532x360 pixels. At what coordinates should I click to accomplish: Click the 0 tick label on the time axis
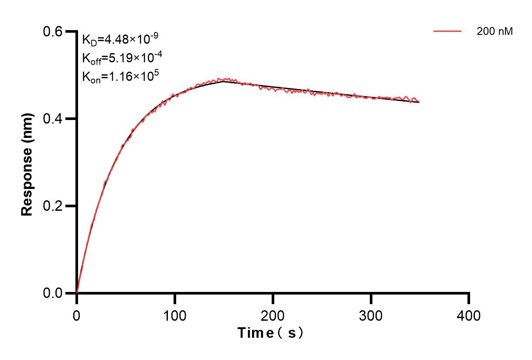pyautogui.click(x=77, y=315)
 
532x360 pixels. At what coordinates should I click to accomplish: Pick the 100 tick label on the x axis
pyautogui.click(x=174, y=315)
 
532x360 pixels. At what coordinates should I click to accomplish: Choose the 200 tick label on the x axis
pyautogui.click(x=273, y=315)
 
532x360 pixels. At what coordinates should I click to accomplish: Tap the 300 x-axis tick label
pyautogui.click(x=371, y=315)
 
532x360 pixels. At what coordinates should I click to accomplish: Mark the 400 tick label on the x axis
pyautogui.click(x=469, y=315)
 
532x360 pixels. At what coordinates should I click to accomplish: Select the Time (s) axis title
pyautogui.click(x=270, y=333)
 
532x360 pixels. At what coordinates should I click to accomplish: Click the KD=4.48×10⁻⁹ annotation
pyautogui.click(x=120, y=40)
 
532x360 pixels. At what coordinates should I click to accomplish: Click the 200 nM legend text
pyautogui.click(x=495, y=31)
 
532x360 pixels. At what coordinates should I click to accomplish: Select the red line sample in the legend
pyautogui.click(x=447, y=31)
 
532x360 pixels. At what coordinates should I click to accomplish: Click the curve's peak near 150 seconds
pyautogui.click(x=223, y=80)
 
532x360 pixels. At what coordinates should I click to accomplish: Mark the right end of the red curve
pyautogui.click(x=419, y=102)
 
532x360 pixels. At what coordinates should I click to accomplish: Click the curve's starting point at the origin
pyautogui.click(x=77, y=292)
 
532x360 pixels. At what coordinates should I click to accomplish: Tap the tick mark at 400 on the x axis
pyautogui.click(x=469, y=299)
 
